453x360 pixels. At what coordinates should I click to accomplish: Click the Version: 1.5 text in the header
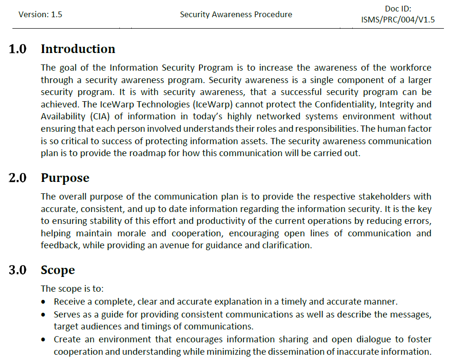[40, 14]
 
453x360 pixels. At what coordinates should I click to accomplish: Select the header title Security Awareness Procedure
[236, 14]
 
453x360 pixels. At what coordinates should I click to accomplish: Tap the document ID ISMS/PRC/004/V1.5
[398, 20]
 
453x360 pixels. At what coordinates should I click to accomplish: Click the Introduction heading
[78, 49]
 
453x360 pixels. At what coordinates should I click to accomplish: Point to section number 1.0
[18, 49]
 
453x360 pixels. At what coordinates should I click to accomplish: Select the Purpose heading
[65, 178]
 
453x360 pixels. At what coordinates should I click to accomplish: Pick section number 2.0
[18, 178]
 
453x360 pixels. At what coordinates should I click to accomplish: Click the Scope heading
[58, 270]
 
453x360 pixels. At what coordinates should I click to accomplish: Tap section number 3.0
[18, 270]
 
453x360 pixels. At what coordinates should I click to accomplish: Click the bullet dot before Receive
[44, 302]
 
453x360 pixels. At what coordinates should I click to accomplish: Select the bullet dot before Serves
[44, 315]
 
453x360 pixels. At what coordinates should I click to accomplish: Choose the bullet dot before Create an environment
[44, 339]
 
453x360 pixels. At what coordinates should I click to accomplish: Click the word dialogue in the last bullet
[370, 339]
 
